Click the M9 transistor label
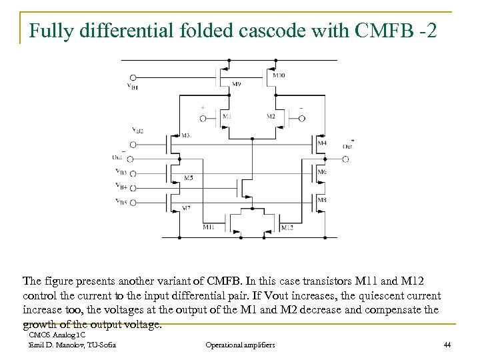coord(237,83)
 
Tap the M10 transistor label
coord(279,75)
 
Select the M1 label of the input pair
coord(228,117)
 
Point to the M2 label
coord(271,117)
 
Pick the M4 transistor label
coord(322,143)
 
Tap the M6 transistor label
coord(322,172)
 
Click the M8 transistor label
coord(322,199)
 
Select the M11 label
coord(209,228)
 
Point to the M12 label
coord(287,228)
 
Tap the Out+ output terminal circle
coord(345,160)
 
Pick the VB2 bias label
coord(139,129)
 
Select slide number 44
coord(447,345)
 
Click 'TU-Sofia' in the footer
coord(100,345)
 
